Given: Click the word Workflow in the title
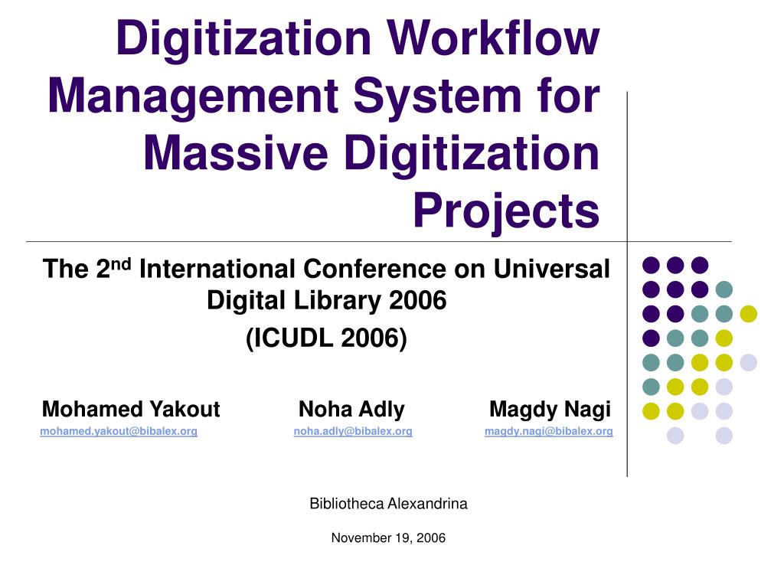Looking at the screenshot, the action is click(x=493, y=38).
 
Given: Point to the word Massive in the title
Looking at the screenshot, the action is click(x=236, y=153).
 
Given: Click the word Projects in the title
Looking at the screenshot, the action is click(x=506, y=212).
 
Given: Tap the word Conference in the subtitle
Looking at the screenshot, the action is click(x=374, y=269).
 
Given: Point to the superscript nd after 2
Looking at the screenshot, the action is click(x=120, y=264).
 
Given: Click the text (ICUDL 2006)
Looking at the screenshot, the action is click(x=326, y=338).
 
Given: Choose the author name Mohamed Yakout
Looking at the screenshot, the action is click(x=131, y=409).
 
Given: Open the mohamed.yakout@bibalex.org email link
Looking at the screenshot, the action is click(x=119, y=431).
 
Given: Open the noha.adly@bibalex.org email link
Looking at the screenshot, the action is click(x=353, y=431).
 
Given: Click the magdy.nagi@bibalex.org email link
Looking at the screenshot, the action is click(x=548, y=431).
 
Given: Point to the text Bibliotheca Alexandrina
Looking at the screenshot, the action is click(x=388, y=504).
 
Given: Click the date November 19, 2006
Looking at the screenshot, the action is click(x=388, y=538).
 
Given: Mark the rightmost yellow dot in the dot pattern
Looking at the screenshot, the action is click(x=749, y=313).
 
